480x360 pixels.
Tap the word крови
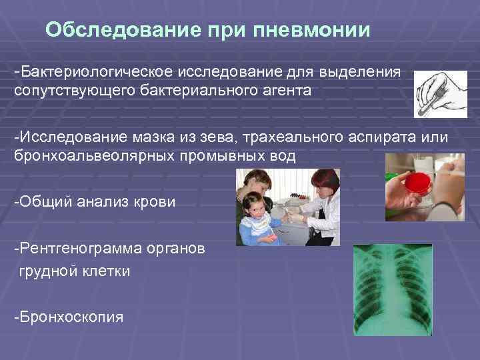coord(155,202)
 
